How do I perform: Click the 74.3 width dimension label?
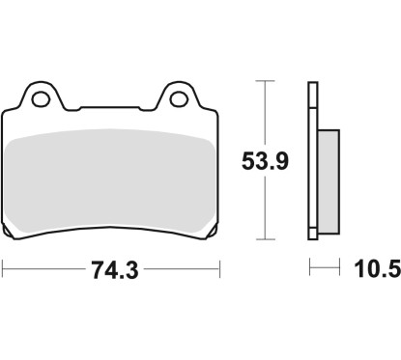click(x=115, y=270)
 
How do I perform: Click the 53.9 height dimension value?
click(x=265, y=161)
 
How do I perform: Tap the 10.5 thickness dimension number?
click(x=378, y=269)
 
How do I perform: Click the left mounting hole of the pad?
click(x=41, y=99)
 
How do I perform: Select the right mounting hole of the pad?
click(x=179, y=99)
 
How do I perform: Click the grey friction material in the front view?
click(x=110, y=180)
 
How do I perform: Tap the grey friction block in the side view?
click(x=329, y=181)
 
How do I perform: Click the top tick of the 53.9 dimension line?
click(x=265, y=81)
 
